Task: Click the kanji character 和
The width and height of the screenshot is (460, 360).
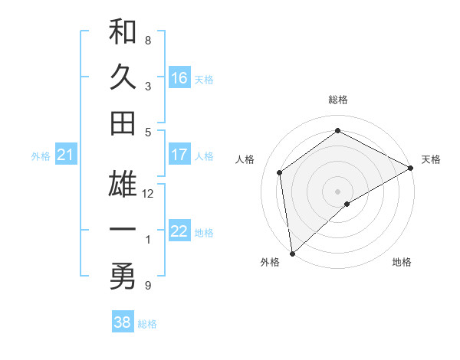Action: (x=123, y=33)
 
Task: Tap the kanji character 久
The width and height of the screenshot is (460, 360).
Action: (x=123, y=77)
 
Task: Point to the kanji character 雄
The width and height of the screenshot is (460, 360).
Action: (x=123, y=186)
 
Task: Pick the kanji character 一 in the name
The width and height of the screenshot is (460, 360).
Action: (x=123, y=231)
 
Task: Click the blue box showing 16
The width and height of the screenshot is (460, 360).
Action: (x=179, y=77)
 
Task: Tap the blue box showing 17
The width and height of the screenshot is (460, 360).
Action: (x=179, y=155)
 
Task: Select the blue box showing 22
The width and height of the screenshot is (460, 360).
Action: (x=179, y=231)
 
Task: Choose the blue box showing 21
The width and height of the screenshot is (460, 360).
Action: (x=65, y=155)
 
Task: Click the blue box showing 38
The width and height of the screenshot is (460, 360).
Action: (x=123, y=322)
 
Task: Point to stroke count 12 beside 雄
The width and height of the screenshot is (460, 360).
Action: (x=148, y=194)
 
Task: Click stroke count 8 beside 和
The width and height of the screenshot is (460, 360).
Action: (x=148, y=40)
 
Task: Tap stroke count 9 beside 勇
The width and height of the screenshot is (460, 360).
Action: (x=148, y=286)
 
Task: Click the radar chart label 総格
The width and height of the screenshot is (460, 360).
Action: (x=338, y=100)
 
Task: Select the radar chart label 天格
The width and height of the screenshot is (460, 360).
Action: (x=431, y=159)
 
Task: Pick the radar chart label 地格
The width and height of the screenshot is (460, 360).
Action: (x=402, y=262)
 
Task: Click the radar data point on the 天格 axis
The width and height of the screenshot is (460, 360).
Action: (x=411, y=168)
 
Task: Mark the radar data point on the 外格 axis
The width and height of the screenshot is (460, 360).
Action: (x=292, y=253)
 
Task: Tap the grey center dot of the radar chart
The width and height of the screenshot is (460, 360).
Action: (x=338, y=190)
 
